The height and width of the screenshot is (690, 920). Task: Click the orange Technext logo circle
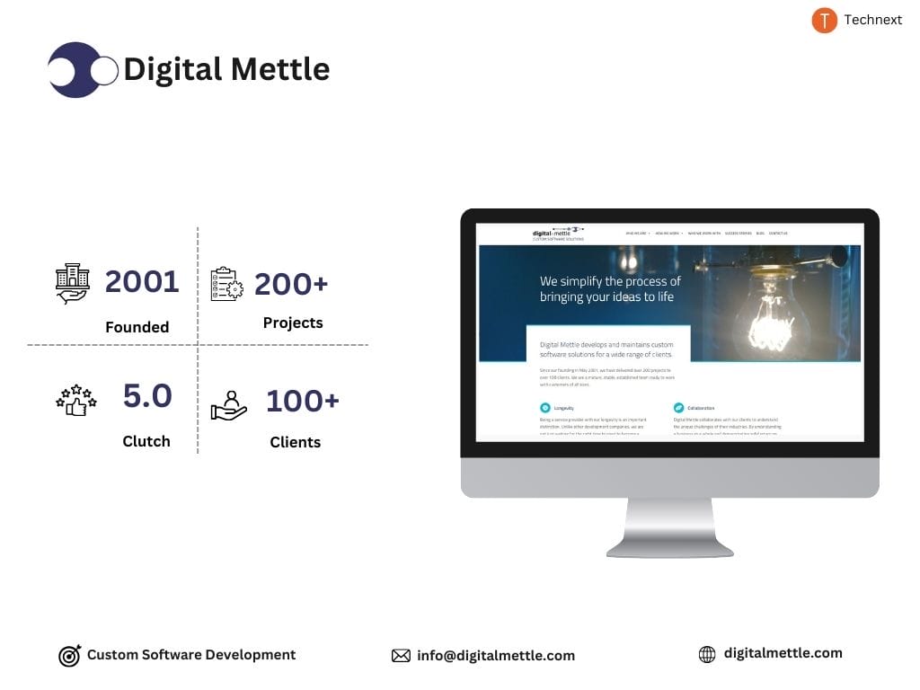pos(824,21)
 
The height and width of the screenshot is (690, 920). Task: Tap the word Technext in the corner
pos(872,20)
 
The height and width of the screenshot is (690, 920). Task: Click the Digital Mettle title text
pos(226,69)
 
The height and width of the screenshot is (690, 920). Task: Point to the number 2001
pos(142,282)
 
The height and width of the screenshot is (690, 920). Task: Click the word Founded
pos(137,327)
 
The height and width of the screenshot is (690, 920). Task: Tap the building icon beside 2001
pos(73,283)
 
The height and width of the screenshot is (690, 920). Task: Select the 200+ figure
pos(291,284)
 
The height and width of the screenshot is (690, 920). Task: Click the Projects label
pos(293,323)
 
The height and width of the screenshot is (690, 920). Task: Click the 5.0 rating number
pos(147,396)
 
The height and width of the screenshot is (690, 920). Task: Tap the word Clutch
pos(146,441)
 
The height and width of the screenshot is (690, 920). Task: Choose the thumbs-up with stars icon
pos(75,400)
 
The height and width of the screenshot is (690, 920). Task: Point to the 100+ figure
pos(302,402)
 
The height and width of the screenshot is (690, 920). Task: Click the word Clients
pos(295,442)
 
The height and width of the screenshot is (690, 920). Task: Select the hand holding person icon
pos(228,405)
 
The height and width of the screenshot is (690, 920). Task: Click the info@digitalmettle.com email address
pos(495,656)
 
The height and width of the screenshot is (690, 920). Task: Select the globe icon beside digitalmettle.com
pos(707,655)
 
